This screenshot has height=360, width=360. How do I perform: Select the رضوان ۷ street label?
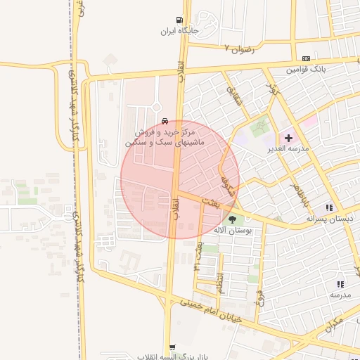pyautogui.click(x=238, y=49)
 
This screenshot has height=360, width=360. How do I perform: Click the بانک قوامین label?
pyautogui.click(x=306, y=70)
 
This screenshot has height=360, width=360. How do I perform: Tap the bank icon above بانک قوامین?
pyautogui.click(x=306, y=58)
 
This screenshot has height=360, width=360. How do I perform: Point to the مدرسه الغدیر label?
pyautogui.click(x=288, y=149)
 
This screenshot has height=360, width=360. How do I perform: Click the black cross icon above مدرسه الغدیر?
pyautogui.click(x=288, y=138)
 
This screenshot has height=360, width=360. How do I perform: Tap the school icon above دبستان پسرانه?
pyautogui.click(x=329, y=207)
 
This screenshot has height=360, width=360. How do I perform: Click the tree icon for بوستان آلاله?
pyautogui.click(x=233, y=220)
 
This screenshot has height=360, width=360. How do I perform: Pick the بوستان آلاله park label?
pyautogui.click(x=233, y=231)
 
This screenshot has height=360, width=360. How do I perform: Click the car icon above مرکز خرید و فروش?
pyautogui.click(x=165, y=120)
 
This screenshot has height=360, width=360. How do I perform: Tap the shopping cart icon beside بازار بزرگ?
pyautogui.click(x=174, y=347)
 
